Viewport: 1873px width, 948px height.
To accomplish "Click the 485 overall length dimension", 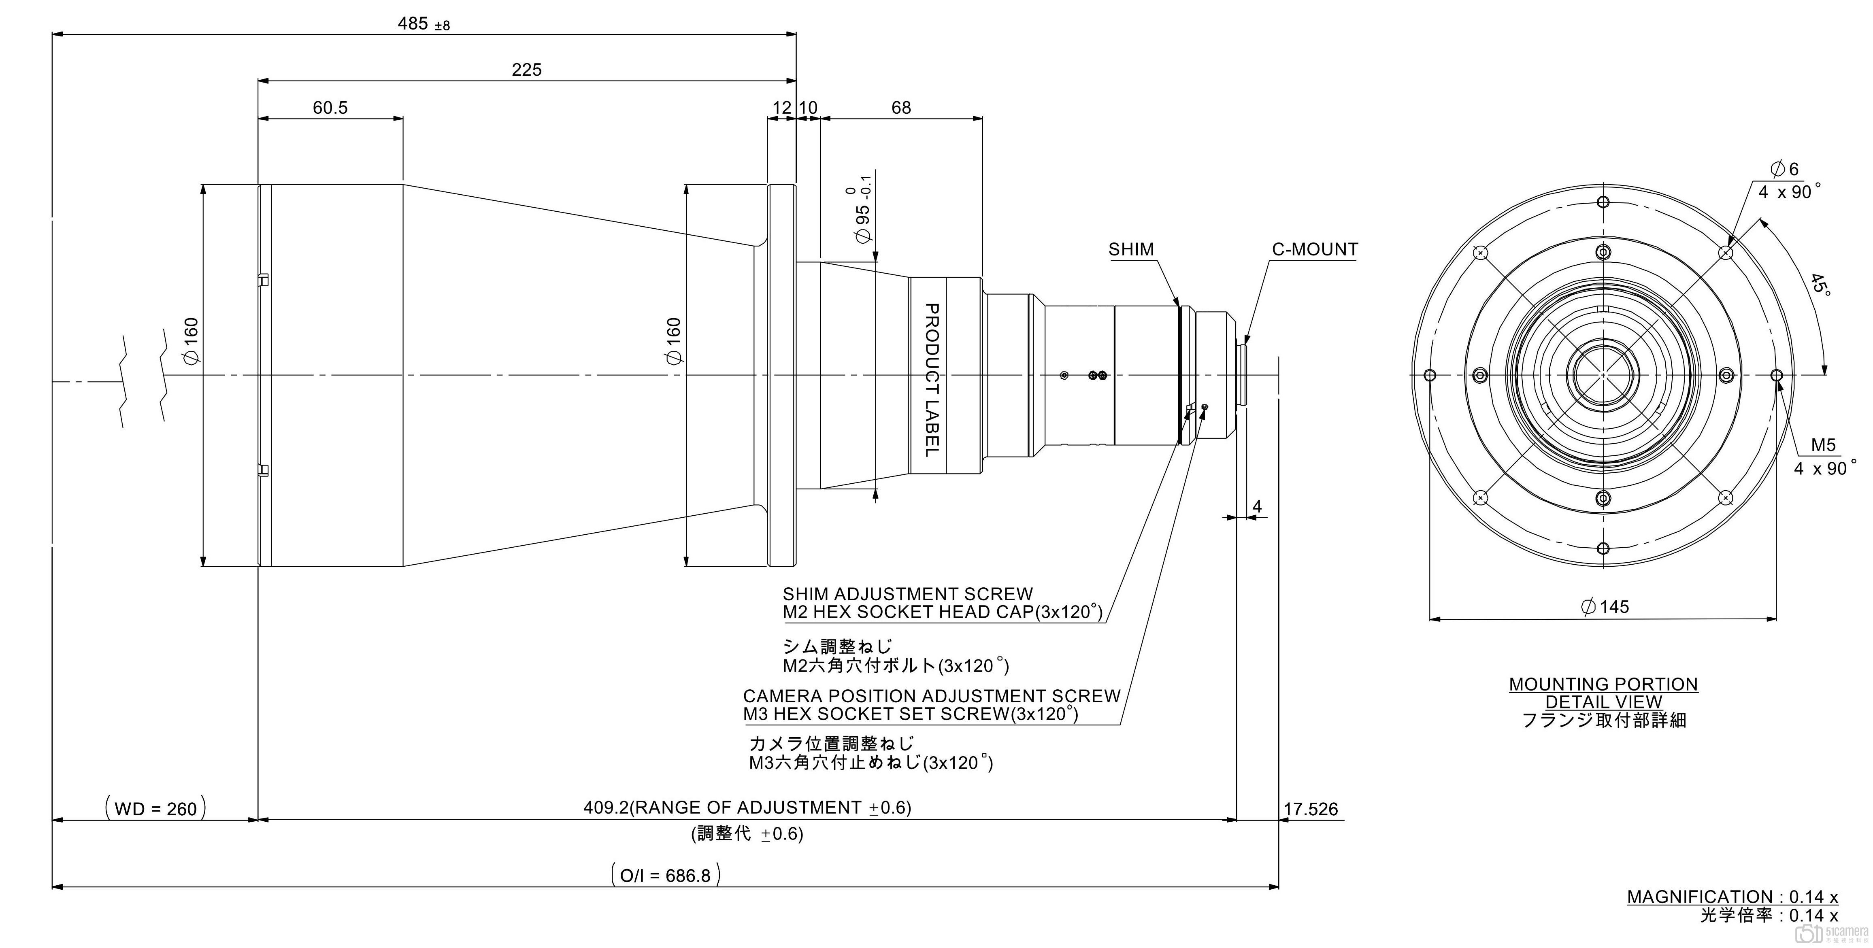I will pos(422,24).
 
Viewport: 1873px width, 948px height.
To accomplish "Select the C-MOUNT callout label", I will pos(1315,249).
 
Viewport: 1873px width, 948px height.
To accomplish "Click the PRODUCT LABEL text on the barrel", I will pos(931,380).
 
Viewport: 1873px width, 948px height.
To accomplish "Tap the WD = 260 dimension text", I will pos(155,808).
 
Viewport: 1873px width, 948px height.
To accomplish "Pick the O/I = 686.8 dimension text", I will pos(665,875).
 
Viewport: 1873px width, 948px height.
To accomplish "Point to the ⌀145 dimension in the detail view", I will pos(1605,606).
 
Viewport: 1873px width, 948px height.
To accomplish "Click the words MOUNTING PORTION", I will pos(1603,684).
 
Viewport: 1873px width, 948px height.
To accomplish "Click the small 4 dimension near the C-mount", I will pos(1257,506).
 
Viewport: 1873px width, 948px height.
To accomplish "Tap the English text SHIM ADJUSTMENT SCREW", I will pos(907,594).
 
